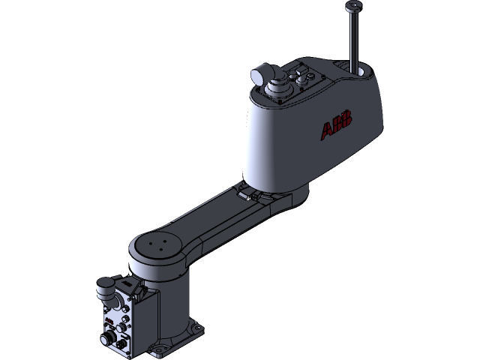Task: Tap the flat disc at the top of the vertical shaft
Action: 353,7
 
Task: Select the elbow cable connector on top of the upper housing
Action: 260,75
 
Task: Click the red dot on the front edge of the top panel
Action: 301,92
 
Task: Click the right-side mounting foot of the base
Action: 196,327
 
